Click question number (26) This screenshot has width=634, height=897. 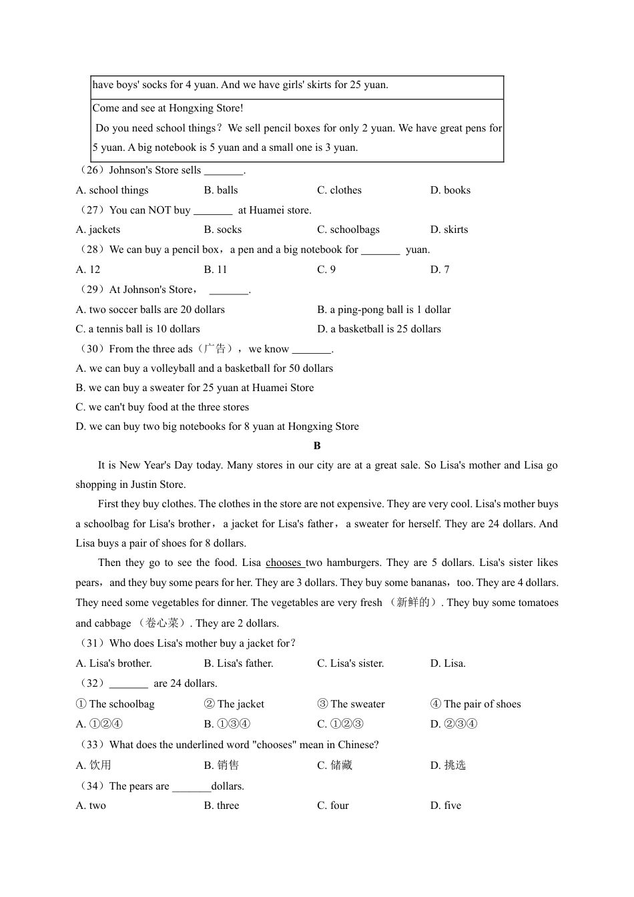(x=91, y=170)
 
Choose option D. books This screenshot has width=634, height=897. (x=450, y=190)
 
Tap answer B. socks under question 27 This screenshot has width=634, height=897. (x=223, y=230)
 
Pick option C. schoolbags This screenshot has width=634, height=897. (x=348, y=230)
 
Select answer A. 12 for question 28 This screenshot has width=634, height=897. (x=88, y=270)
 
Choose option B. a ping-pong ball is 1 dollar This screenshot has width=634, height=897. (x=384, y=310)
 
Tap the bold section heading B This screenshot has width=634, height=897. (x=317, y=446)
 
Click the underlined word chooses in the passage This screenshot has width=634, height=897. (x=284, y=563)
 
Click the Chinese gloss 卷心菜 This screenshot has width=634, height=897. (x=162, y=623)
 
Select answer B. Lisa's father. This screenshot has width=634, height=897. (x=238, y=663)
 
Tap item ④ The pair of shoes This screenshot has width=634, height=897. (x=475, y=704)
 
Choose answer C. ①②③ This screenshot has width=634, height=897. (x=340, y=724)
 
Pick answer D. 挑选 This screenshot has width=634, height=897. (x=448, y=766)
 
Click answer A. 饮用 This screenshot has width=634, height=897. (x=93, y=766)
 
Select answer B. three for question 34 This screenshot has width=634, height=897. (x=221, y=806)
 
